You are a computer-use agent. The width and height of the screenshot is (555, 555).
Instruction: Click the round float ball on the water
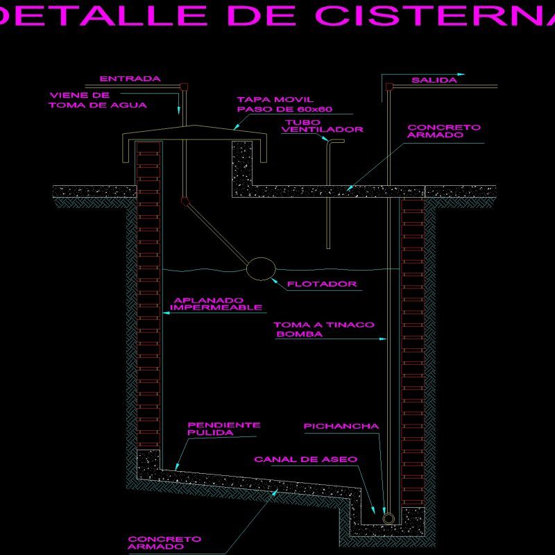261,268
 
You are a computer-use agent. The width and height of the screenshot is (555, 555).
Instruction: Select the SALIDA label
434,80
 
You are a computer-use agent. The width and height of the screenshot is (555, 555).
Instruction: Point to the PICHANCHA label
341,427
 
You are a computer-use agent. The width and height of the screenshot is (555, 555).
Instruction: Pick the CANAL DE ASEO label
306,459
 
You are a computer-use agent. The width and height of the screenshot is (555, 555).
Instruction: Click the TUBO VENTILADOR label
323,126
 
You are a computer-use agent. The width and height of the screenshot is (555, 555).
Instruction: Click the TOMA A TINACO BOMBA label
323,329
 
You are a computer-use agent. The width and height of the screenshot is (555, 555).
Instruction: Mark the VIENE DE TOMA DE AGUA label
97,100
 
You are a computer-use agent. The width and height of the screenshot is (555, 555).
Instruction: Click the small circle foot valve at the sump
388,518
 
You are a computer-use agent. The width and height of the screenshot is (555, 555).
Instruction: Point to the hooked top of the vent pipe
336,142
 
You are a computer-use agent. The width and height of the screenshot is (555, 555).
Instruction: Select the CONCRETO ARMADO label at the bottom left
164,542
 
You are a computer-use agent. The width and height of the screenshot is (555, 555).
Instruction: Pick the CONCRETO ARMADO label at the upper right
444,131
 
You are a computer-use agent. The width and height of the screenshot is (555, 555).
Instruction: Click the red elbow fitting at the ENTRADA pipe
183,87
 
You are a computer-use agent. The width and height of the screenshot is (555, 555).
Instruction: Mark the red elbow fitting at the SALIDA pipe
388,86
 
